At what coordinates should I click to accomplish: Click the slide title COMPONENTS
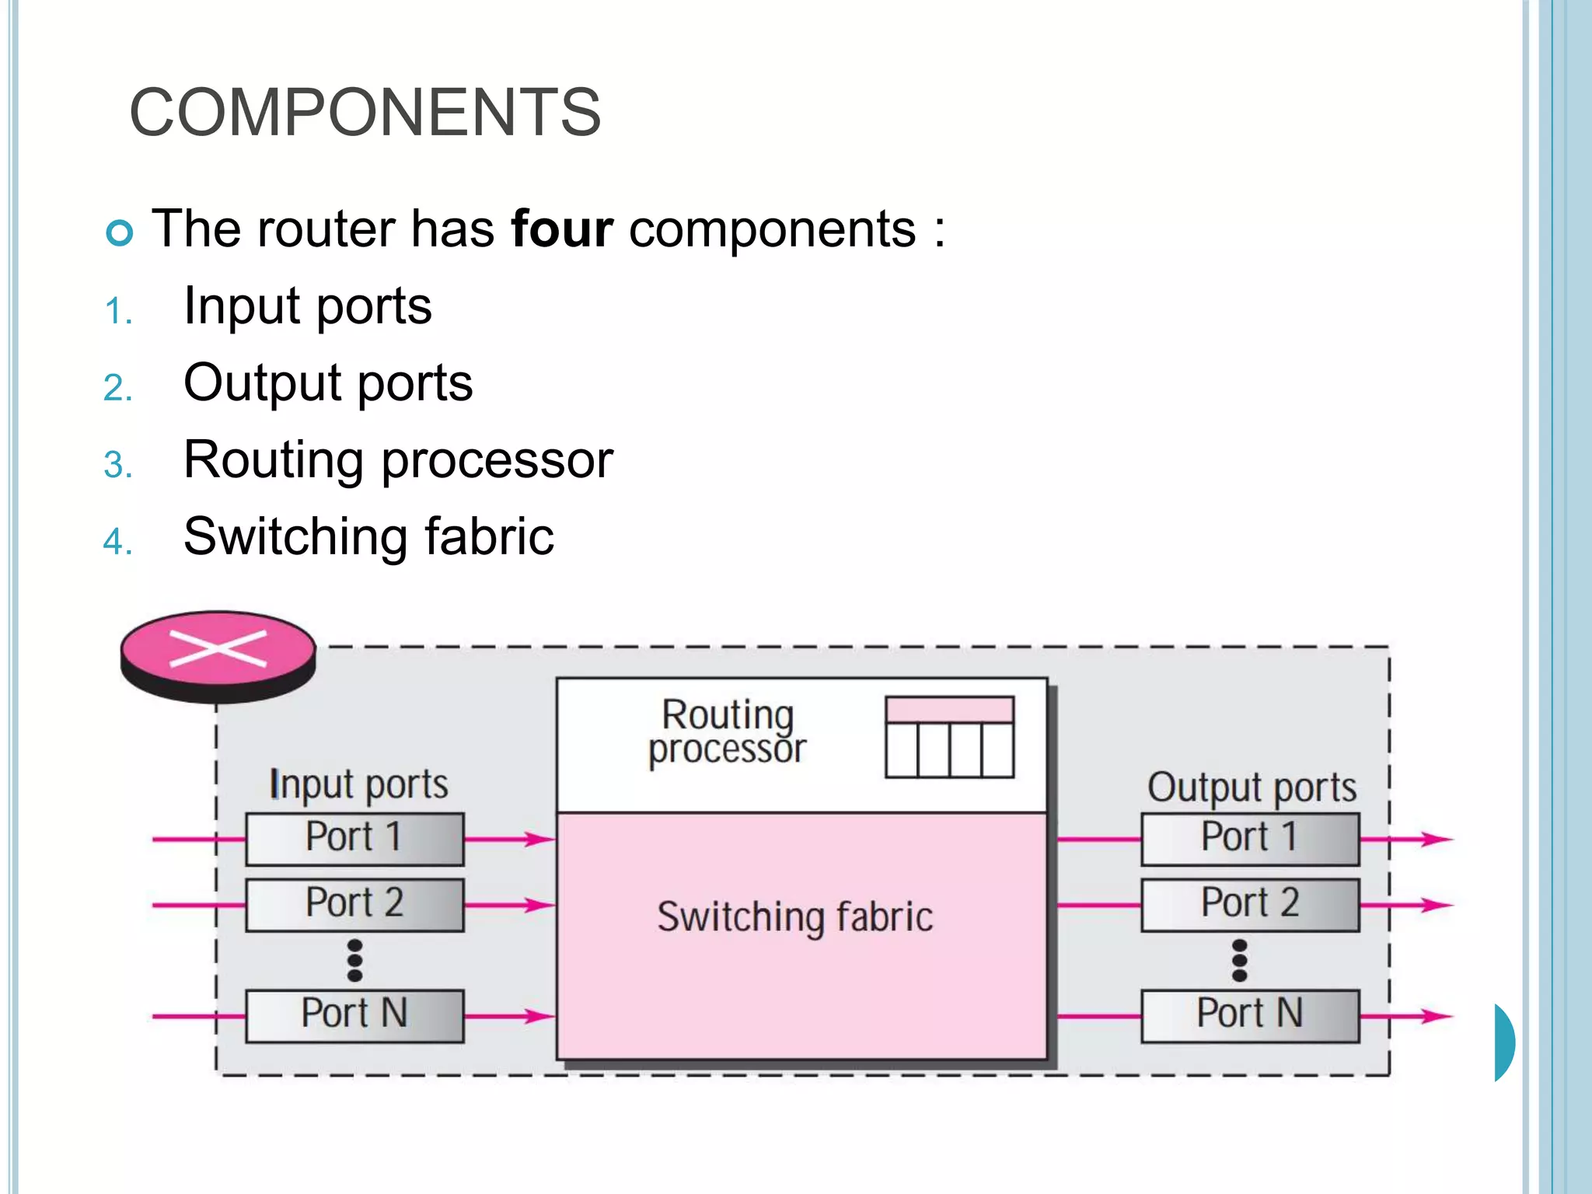(x=365, y=113)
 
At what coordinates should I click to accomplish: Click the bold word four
(x=561, y=229)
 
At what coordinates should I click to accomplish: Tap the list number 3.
(x=117, y=465)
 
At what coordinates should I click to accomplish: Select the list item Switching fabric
(x=368, y=536)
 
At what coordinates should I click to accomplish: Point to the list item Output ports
(x=328, y=382)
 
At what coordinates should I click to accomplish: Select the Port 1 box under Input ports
(x=354, y=839)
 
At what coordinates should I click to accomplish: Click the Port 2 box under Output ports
(x=1250, y=905)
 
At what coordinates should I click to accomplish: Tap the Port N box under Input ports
(x=354, y=1015)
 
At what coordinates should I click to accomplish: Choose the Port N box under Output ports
(x=1250, y=1015)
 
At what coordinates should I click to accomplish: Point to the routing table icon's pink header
(x=949, y=710)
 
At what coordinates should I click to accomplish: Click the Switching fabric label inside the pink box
(x=794, y=916)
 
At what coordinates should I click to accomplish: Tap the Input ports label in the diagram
(x=358, y=784)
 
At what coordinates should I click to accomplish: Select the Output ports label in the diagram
(x=1252, y=787)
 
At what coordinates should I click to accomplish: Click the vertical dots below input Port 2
(x=355, y=961)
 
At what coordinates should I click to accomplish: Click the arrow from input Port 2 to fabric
(x=508, y=905)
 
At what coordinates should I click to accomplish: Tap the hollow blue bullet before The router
(x=120, y=232)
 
